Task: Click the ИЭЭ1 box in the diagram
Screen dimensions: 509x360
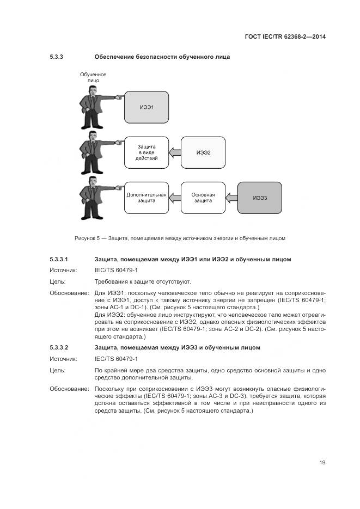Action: click(x=147, y=107)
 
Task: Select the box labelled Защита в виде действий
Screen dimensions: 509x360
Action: click(x=147, y=152)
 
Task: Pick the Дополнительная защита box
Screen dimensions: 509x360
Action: click(x=147, y=197)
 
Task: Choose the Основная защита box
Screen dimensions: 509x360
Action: click(x=203, y=197)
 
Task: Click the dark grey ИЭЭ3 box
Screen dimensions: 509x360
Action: click(x=260, y=197)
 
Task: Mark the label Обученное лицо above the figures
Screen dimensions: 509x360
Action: click(x=93, y=77)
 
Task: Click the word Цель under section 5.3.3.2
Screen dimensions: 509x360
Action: click(x=57, y=370)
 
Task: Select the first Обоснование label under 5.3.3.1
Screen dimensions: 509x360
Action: click(x=69, y=293)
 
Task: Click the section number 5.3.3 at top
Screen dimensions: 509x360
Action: click(x=57, y=57)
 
